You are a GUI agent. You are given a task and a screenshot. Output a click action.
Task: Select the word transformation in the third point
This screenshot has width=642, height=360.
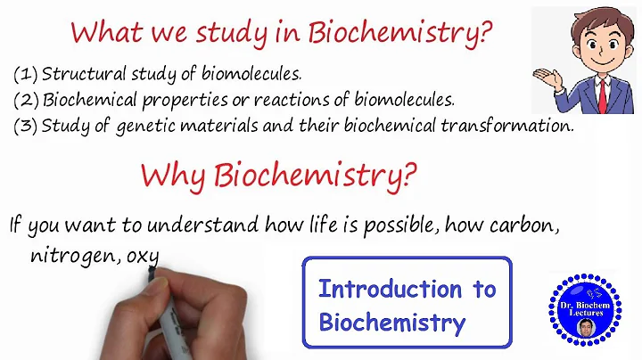pyautogui.click(x=505, y=125)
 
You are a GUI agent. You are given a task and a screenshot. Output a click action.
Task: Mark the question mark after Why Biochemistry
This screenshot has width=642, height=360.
pyautogui.click(x=408, y=175)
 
